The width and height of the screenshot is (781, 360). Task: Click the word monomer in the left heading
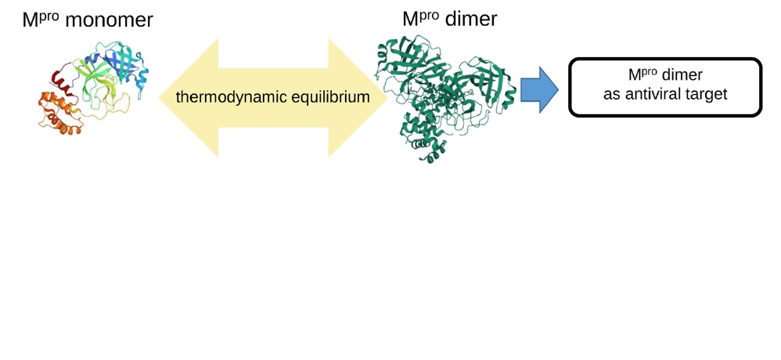[x=109, y=20]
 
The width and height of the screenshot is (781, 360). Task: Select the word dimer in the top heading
[x=470, y=19]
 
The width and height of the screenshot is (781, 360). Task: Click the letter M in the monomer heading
[x=31, y=20]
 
